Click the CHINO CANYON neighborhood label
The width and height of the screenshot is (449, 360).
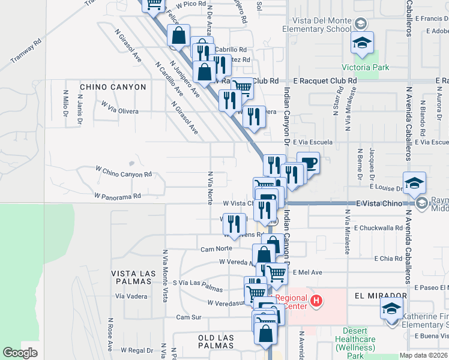coord(113,87)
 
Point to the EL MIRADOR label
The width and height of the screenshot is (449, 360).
coord(381,296)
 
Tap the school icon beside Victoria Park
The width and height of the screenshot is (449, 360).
coord(362,43)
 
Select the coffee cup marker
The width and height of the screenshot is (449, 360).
coord(309,163)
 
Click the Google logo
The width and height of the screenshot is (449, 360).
coord(20,353)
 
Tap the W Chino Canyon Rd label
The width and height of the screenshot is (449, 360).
coord(124,174)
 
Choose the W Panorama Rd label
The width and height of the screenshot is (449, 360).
coord(117,196)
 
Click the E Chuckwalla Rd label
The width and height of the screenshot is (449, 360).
coord(378,228)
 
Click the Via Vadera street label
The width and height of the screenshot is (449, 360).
coord(132,296)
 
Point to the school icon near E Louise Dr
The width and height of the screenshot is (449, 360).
coord(414,184)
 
